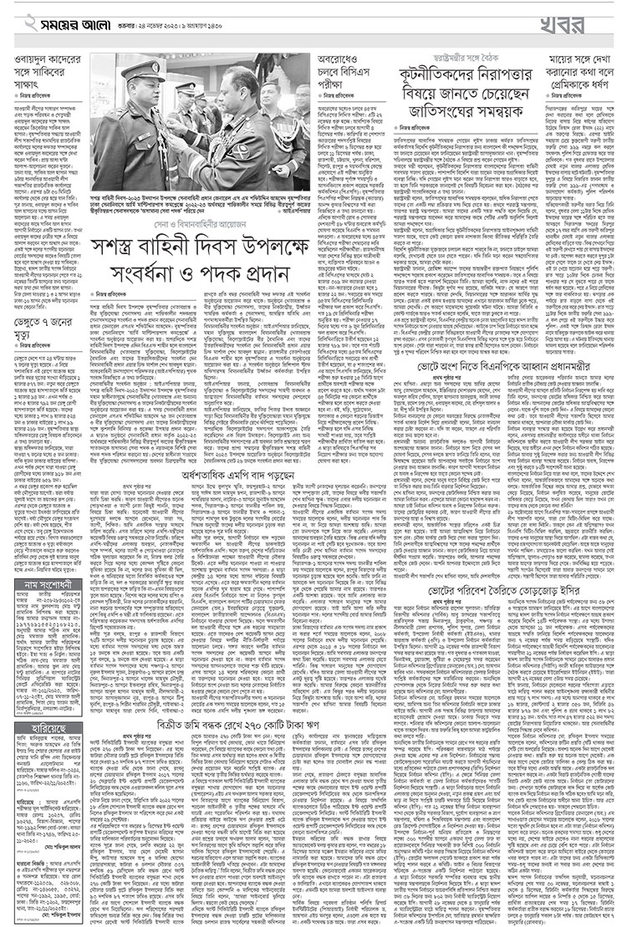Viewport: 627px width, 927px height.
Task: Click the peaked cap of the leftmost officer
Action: tap(138, 70)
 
